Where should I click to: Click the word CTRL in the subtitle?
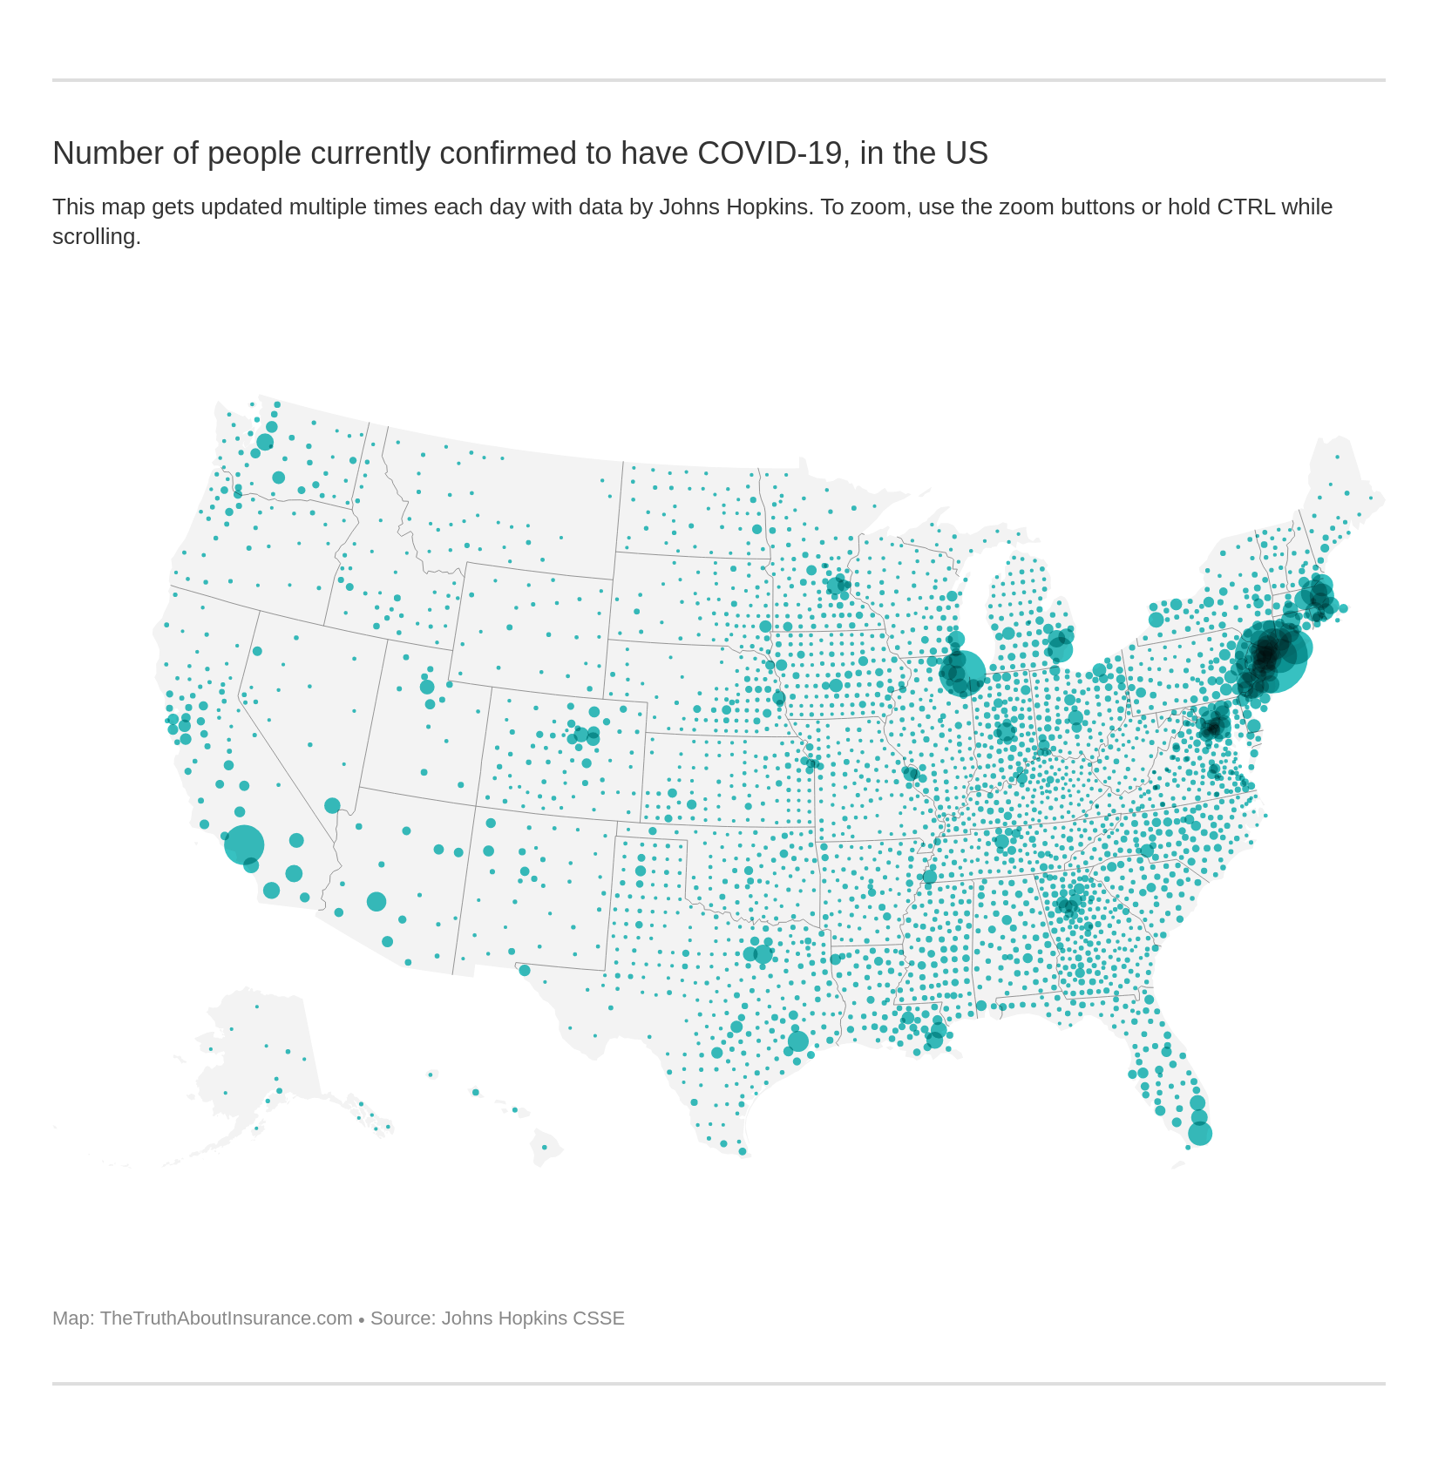click(1245, 207)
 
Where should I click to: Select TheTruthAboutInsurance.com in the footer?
click(226, 1318)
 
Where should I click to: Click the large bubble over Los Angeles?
click(244, 844)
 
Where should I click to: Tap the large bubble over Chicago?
click(962, 674)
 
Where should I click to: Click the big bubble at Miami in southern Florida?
click(1200, 1134)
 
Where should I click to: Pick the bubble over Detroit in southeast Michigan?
click(1060, 648)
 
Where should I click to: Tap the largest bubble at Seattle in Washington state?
click(265, 442)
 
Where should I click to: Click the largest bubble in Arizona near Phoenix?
click(376, 901)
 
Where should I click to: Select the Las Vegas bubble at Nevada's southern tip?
click(332, 805)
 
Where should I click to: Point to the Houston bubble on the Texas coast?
click(797, 1040)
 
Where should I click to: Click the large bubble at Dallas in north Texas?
click(763, 953)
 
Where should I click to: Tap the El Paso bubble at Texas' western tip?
click(525, 970)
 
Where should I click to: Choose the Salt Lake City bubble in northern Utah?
click(427, 687)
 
